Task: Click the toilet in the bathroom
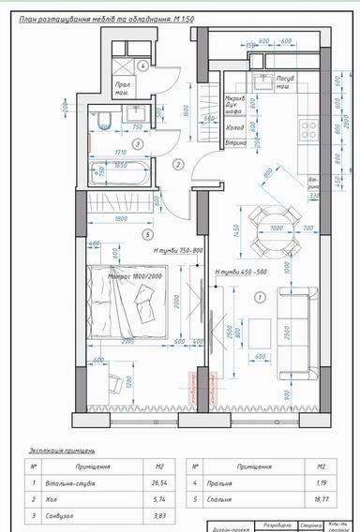(105, 118)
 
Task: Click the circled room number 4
(142, 66)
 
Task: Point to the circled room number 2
(179, 164)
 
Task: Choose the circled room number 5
(148, 234)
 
